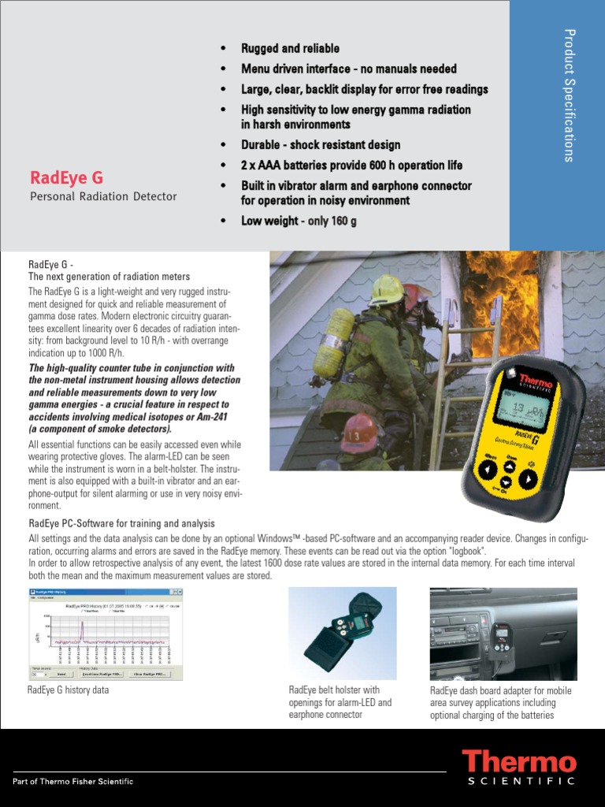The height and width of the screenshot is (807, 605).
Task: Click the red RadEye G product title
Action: coord(66,177)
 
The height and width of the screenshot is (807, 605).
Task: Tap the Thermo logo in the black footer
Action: coord(519,762)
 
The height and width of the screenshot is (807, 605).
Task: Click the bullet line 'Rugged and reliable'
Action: coord(290,49)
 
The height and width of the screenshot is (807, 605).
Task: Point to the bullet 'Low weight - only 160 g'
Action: coord(299,221)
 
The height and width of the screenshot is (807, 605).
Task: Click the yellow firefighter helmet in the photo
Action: coord(388,290)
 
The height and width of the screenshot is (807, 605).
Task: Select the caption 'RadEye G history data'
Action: coord(68,690)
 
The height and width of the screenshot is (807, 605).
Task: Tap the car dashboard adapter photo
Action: coord(503,634)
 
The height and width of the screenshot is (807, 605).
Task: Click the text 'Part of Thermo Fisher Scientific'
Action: coord(73,781)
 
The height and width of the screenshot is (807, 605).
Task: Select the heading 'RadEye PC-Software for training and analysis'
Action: coord(121,523)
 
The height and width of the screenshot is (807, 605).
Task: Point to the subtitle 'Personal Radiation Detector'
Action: coord(103,196)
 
